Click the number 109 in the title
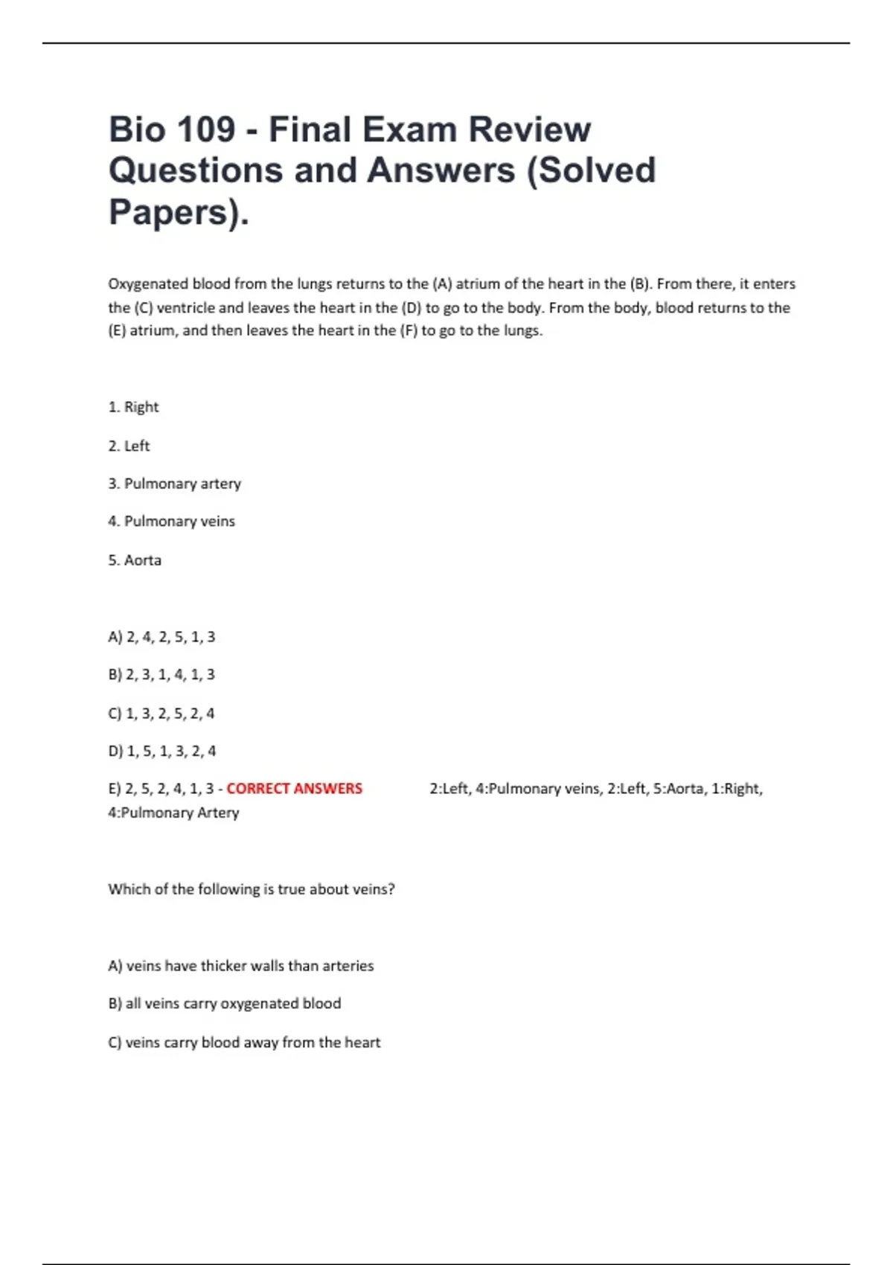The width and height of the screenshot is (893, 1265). pos(205,129)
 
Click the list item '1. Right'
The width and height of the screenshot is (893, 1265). pos(133,407)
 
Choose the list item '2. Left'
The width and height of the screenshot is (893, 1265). pos(129,446)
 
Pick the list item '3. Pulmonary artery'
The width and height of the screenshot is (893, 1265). pos(174,484)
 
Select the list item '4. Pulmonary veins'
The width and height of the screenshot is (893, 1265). pos(171,522)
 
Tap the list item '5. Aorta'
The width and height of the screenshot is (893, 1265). pos(134,560)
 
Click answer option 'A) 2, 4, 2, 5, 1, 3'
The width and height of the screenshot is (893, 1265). pos(161,637)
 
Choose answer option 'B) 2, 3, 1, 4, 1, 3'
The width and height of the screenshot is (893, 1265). pos(161,675)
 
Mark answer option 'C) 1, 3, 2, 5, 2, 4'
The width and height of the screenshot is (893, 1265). pos(161,714)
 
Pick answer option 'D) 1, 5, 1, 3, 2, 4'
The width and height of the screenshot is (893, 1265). pos(162,752)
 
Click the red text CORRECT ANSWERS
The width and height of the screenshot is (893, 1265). pos(294,789)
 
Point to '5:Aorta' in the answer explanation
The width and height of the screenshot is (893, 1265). pos(678,789)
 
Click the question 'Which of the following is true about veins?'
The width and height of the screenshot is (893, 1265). pos(252,889)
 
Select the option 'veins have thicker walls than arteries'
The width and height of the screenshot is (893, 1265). pos(241,966)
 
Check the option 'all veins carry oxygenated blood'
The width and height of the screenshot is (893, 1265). pos(225,1004)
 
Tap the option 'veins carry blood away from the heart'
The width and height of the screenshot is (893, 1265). pos(244,1043)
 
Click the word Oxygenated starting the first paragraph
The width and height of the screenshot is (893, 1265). pos(148,284)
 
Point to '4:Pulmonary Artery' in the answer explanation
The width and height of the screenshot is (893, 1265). pos(173,813)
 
